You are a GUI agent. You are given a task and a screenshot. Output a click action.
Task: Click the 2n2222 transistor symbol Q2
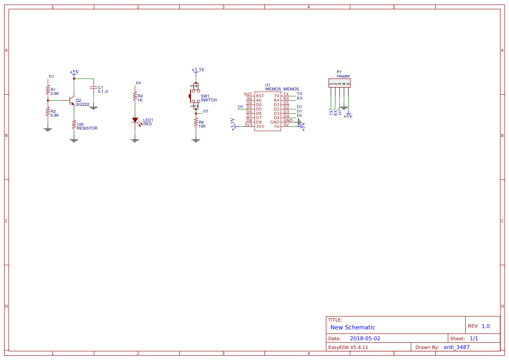click(x=71, y=101)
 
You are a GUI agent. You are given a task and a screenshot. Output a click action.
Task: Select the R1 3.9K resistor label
click(x=54, y=91)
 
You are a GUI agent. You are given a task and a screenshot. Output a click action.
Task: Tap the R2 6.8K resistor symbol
click(x=47, y=113)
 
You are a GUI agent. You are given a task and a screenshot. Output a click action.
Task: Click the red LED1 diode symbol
click(x=135, y=120)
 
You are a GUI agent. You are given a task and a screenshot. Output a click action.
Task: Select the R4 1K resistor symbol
click(x=135, y=96)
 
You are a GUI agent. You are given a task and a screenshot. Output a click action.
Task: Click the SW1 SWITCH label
click(x=208, y=98)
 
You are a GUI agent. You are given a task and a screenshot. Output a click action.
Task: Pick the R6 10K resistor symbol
click(x=196, y=123)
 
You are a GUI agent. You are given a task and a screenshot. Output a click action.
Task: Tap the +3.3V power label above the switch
click(x=198, y=70)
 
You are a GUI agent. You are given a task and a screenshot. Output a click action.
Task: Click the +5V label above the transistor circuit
click(x=74, y=72)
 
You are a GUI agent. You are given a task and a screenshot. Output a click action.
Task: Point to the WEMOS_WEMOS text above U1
click(x=282, y=89)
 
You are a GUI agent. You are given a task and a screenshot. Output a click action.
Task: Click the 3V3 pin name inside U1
click(x=260, y=126)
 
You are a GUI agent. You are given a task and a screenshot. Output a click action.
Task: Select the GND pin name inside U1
click(x=275, y=122)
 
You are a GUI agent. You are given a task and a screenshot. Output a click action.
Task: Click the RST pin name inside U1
click(x=260, y=96)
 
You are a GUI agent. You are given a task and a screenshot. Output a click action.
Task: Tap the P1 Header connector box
click(x=339, y=83)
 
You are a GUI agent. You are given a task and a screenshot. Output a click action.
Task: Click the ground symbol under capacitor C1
click(x=93, y=107)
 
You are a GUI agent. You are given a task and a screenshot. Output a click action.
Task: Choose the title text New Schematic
click(x=353, y=327)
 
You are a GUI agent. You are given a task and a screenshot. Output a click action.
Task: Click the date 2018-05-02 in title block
click(x=365, y=338)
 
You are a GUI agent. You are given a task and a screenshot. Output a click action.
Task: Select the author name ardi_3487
click(x=456, y=347)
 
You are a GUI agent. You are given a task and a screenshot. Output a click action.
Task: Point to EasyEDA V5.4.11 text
click(x=348, y=347)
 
